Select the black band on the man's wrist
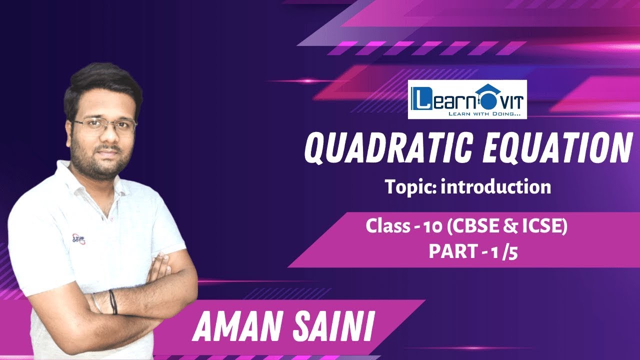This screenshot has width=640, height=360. tap(113, 301)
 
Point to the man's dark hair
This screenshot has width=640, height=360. tap(100, 82)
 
